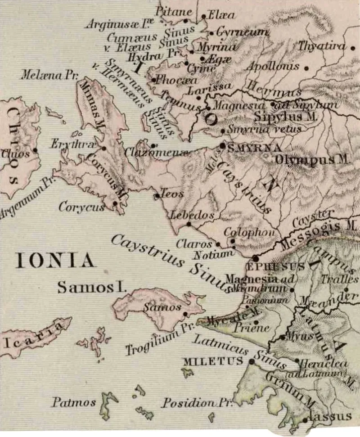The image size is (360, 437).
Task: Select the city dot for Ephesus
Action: [x=256, y=258]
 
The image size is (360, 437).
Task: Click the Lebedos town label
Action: [x=192, y=216]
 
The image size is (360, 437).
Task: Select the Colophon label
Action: [x=243, y=232]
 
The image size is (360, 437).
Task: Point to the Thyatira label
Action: [x=321, y=46]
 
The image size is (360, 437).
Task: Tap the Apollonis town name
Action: [x=273, y=67]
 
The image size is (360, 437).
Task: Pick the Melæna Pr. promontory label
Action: [x=49, y=75]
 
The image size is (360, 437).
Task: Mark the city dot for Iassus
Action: [x=306, y=420]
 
